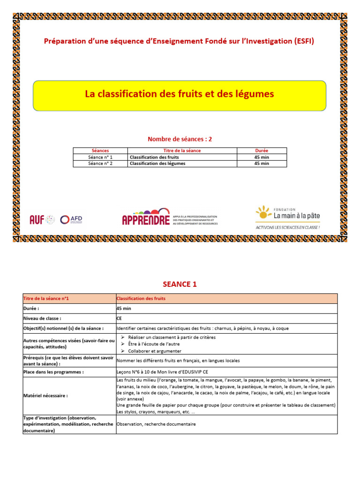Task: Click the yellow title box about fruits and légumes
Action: coord(180,95)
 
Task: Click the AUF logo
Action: coord(37,219)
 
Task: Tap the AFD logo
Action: coord(71,219)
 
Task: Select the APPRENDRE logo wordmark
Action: coord(146,219)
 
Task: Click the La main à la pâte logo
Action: coord(288,215)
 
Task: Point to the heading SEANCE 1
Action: coord(180,284)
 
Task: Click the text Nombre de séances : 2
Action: coord(180,139)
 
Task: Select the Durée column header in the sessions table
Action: coord(262,150)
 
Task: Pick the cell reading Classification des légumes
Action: coord(157,164)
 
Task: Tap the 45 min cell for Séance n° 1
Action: coord(262,157)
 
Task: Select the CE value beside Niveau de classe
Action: coord(119,318)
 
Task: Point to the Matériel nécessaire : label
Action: coord(45,396)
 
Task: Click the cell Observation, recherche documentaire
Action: coord(156,424)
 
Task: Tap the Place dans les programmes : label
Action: coord(53,372)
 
